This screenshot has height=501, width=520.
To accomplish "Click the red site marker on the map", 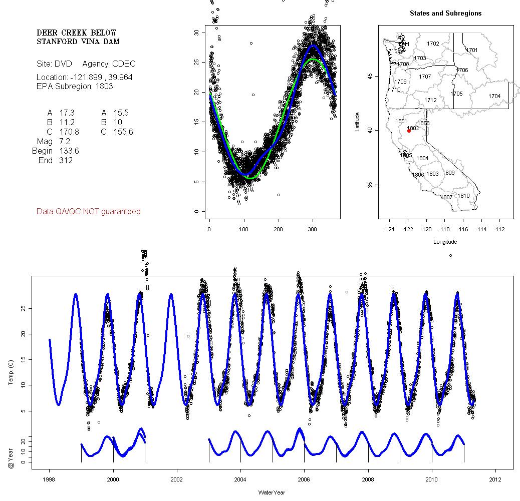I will click(x=409, y=131).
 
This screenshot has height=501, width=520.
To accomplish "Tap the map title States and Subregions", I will click(x=445, y=14).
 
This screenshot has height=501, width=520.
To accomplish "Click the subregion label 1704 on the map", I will click(x=494, y=96).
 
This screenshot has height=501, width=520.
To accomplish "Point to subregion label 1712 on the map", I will click(x=430, y=101).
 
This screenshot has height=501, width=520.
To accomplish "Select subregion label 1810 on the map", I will click(x=464, y=196).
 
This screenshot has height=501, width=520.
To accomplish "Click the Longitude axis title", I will click(x=445, y=242).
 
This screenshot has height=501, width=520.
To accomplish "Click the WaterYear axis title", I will click(x=272, y=492).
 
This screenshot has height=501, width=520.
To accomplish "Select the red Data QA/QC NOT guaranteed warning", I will click(x=89, y=212).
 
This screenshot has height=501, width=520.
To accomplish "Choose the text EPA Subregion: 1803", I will click(x=75, y=86).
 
